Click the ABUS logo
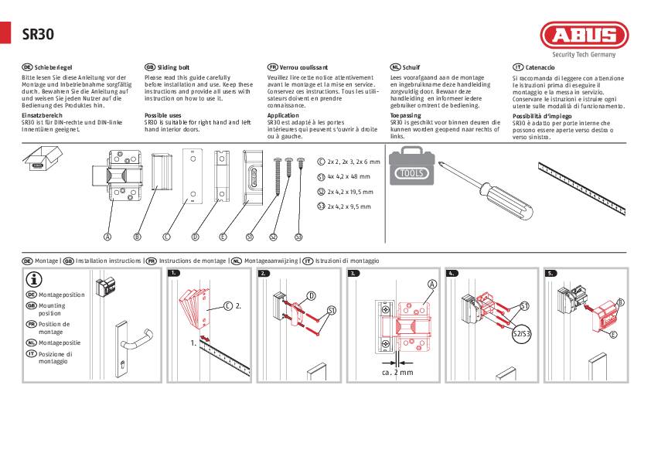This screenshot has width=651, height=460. [x=584, y=36]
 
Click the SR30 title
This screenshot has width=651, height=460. [x=38, y=34]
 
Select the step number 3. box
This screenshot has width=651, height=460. [x=354, y=274]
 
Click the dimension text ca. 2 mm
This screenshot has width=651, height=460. [x=397, y=372]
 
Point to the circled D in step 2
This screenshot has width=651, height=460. [x=312, y=295]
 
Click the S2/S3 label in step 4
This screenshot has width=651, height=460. [x=522, y=333]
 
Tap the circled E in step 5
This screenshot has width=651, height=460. [x=613, y=334]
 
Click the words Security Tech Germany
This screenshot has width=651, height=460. [x=584, y=55]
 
